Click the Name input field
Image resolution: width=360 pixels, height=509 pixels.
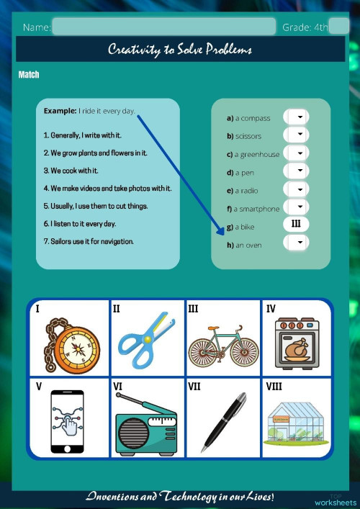163,27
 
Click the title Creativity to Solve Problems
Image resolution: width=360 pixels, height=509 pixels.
180,50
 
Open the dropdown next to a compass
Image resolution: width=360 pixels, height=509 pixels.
297,117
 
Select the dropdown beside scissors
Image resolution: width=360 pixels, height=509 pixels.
297,135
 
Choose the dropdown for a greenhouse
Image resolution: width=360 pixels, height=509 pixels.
297,153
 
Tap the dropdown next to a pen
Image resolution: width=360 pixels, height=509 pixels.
297,171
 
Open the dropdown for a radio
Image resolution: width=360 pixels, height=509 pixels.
297,190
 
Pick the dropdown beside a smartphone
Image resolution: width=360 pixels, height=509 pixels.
297,208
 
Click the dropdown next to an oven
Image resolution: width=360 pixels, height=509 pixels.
297,244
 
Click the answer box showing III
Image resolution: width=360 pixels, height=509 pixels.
296,225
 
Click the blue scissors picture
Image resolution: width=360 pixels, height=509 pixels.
146,338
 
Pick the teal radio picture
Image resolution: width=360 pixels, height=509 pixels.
146,425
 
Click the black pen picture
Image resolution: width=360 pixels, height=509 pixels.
222,421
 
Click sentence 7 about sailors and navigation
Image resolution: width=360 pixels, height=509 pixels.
89,241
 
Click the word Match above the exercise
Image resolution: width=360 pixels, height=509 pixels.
29,75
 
